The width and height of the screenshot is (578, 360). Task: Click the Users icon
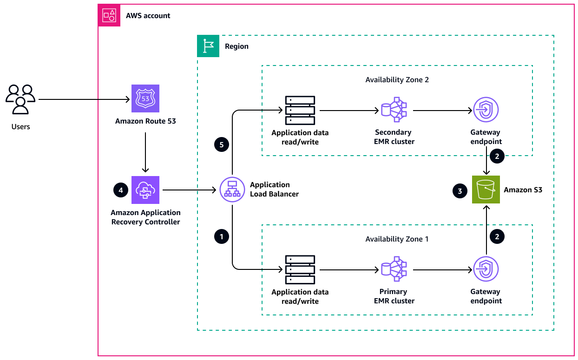20,99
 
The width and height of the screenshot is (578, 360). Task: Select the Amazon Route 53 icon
145,98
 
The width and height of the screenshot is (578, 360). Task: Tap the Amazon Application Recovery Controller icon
145,190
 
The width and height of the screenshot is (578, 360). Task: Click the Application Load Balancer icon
232,190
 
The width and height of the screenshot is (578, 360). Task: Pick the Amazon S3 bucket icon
486,190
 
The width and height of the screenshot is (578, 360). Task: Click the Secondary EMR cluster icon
394,111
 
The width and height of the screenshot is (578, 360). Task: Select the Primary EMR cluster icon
394,269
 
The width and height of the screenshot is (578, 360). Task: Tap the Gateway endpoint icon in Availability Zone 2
486,111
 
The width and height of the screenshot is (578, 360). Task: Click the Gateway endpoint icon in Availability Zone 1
486,269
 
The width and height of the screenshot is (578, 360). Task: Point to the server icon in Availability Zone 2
300,111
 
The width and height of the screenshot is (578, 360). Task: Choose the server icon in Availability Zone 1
300,269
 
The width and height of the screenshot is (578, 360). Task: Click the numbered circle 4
121,190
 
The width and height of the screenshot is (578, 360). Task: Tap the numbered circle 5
221,144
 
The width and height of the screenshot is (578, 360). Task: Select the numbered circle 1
221,236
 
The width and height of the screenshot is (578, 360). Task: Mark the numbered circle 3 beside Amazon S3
460,190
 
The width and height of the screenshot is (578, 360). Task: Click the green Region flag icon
208,46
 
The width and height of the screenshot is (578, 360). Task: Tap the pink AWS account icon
109,15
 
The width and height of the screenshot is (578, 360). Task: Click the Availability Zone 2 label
397,79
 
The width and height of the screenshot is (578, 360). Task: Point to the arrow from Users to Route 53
84,99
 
